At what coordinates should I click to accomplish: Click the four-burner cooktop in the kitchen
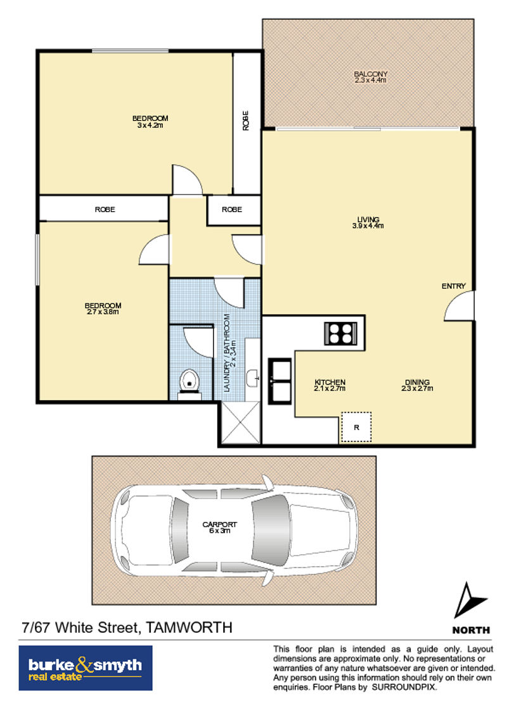pos(340,333)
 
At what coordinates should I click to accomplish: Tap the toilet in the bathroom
pos(189,383)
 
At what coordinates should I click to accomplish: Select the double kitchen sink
pos(279,381)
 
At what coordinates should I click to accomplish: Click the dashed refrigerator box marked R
pos(356,427)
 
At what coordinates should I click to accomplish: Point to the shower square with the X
pos(240,422)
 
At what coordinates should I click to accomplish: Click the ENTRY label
pos(454,286)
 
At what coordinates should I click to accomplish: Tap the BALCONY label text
pos(371,73)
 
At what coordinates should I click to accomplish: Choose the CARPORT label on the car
pos(220,524)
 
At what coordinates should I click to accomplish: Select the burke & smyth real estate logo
pos(86,668)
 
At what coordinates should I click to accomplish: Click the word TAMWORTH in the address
pos(188,627)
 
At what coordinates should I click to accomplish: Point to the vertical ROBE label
pos(246,121)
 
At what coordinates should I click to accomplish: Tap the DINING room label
pos(417,382)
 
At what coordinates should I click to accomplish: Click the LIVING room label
pos(368,220)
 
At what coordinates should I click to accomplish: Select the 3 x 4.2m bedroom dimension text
pos(150,125)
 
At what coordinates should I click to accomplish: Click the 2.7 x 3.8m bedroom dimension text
pos(103,312)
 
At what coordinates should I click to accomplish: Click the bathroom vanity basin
pos(252,378)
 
